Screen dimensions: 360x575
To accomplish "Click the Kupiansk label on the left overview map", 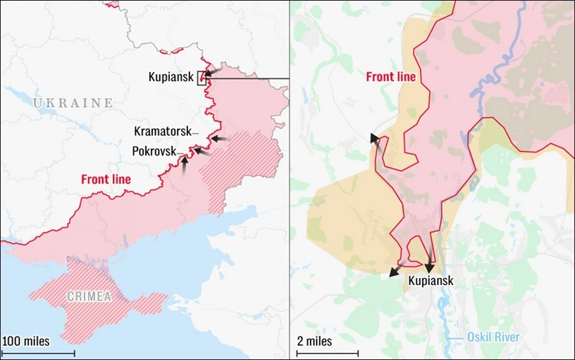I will point(171,77).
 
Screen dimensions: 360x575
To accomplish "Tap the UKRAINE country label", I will point(73,103).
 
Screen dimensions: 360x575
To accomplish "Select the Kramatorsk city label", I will point(163,131).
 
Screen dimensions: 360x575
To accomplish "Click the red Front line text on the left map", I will point(106,180).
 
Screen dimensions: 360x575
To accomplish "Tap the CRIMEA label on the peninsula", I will point(89,296).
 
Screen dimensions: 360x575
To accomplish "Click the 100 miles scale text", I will point(26,342).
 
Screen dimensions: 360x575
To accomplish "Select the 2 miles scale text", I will point(315,342).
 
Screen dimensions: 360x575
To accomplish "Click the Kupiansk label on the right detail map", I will point(431,280).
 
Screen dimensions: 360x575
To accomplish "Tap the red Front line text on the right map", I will point(391,77).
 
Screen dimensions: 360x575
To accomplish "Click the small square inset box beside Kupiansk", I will point(202,78).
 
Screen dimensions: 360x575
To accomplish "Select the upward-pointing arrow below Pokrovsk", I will point(184,165).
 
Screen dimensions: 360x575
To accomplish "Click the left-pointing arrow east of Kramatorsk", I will point(219,138).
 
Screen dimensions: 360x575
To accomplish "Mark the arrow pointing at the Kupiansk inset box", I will point(214,73).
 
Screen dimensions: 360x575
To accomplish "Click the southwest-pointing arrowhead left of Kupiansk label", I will point(393,273).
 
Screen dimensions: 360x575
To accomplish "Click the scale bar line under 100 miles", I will point(38,352).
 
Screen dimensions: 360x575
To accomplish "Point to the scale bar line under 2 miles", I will point(327,352).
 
